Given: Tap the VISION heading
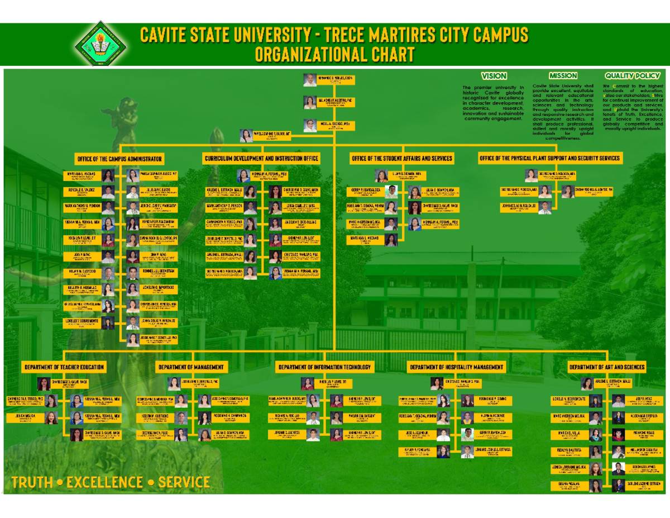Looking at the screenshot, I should (494, 76).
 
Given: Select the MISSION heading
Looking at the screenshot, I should (562, 76).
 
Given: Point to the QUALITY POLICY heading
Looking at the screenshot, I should (632, 76).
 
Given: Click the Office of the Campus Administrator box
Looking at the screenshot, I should (119, 159).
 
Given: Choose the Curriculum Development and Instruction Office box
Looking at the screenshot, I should (261, 159).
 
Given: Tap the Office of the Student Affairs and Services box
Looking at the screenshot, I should (401, 159).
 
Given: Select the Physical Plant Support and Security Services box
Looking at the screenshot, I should (549, 159).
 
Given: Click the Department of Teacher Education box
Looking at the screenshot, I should (63, 367).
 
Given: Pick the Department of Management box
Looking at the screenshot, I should (192, 367).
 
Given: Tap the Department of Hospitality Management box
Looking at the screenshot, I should (456, 367).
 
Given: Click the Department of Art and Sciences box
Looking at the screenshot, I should (607, 367).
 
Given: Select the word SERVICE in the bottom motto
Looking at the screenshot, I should (184, 482).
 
